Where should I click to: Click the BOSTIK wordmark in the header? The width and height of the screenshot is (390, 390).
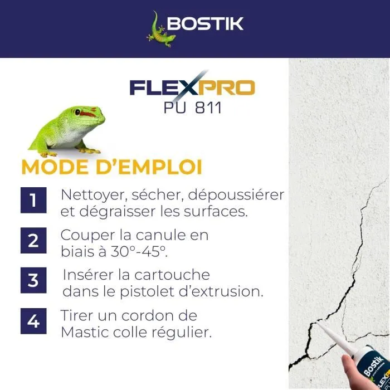(x=205, y=24)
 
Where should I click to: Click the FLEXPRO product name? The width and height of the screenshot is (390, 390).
(x=192, y=87)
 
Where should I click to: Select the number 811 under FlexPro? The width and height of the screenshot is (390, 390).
(x=208, y=108)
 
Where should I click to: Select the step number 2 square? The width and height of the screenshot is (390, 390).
(x=33, y=241)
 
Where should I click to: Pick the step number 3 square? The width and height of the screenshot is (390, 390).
(x=33, y=280)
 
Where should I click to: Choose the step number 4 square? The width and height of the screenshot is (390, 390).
(x=33, y=321)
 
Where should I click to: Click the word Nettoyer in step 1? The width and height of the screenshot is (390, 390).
(x=92, y=196)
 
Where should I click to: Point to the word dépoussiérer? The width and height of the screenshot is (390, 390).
(x=236, y=196)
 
